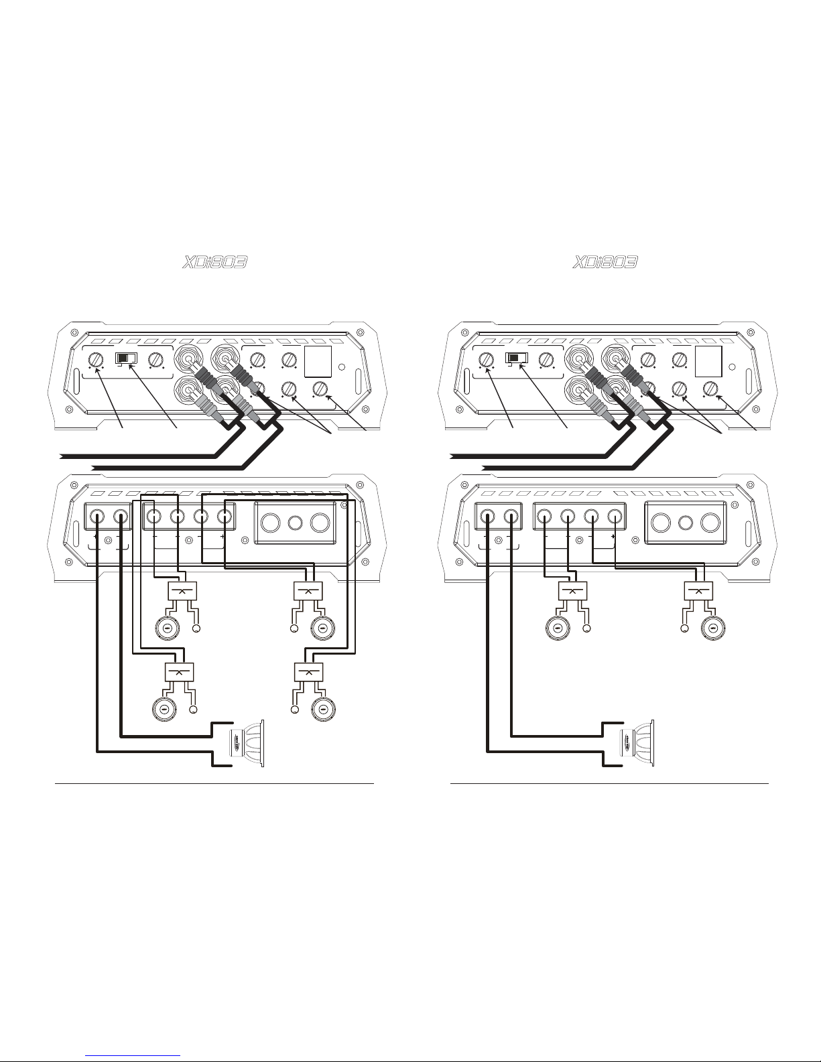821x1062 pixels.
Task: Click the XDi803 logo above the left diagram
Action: pos(214,263)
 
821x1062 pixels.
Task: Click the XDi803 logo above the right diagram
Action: pos(605,263)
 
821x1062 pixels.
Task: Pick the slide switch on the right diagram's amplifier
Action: pos(517,358)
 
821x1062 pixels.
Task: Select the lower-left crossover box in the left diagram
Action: pos(179,672)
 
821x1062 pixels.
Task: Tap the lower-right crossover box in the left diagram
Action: pos(309,672)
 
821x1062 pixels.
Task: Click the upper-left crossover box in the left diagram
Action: pos(182,592)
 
